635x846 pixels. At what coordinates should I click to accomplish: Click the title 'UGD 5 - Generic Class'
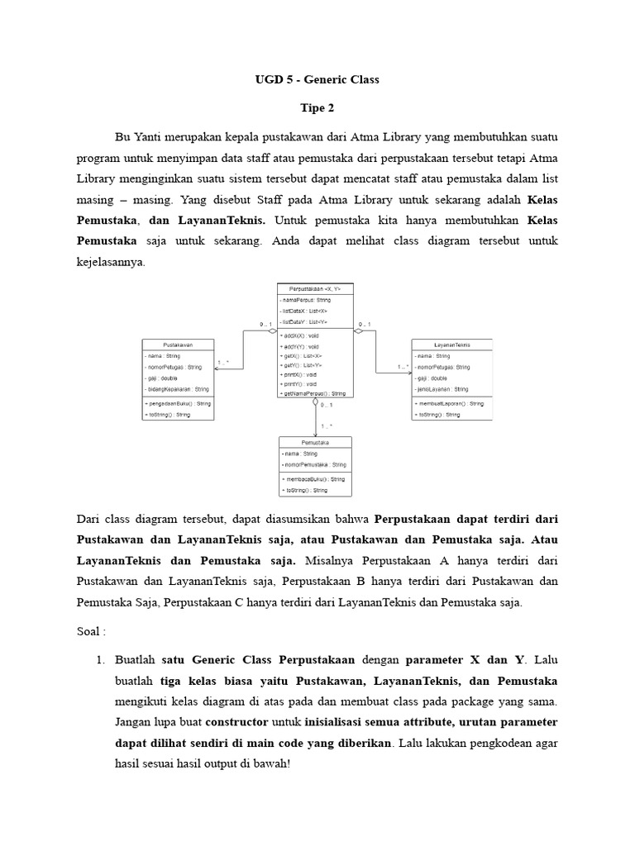tap(317, 80)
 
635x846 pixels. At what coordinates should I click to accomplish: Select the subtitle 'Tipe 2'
tap(317, 107)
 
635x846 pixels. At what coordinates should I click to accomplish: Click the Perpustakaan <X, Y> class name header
tap(316, 288)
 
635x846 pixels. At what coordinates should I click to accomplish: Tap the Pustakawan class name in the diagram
tap(179, 344)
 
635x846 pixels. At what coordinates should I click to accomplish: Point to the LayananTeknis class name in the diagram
tap(452, 344)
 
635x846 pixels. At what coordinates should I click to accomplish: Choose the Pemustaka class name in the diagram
tap(315, 442)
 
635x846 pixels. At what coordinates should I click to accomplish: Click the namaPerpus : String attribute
tap(307, 300)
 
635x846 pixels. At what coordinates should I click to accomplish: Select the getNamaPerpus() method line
tap(314, 393)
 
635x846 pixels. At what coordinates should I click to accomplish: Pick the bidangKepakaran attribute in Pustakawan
tap(177, 388)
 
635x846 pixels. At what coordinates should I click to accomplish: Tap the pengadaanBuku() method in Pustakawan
tap(178, 403)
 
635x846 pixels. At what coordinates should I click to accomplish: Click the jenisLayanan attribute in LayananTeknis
tap(444, 388)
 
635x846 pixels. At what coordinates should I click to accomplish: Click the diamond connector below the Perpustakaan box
tap(315, 403)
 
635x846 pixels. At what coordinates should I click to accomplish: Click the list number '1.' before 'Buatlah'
tap(101, 659)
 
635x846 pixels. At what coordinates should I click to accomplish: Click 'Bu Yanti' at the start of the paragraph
tap(133, 135)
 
